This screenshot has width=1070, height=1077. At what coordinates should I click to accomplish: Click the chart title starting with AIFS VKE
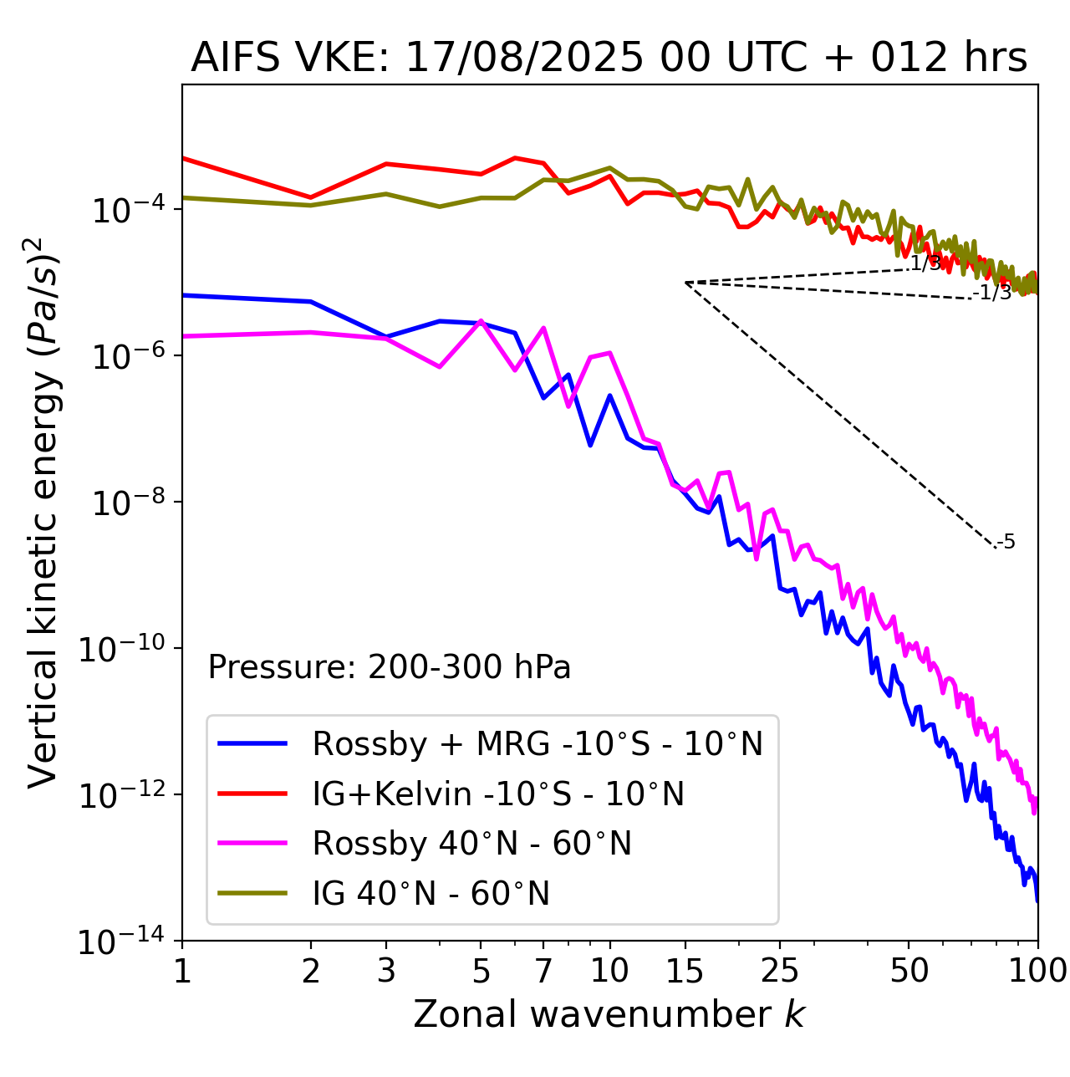click(x=609, y=59)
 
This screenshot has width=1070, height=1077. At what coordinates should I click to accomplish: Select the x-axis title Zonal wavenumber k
click(x=609, y=1014)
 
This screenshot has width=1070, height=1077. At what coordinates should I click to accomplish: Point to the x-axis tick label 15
click(x=685, y=971)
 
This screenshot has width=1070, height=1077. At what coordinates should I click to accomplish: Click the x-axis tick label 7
click(x=543, y=971)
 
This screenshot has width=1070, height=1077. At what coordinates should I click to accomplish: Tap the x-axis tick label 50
click(x=909, y=971)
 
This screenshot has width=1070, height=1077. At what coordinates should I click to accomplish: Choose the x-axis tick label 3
click(x=386, y=971)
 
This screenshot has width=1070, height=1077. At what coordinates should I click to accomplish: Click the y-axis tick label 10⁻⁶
click(x=126, y=356)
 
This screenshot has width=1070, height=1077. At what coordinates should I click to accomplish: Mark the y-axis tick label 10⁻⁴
click(x=126, y=210)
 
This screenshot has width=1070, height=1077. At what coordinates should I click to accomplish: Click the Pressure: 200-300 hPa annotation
click(x=390, y=667)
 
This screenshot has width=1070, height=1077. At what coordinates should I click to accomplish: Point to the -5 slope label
click(x=1006, y=543)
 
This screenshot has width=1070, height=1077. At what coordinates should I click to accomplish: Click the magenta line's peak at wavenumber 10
click(x=609, y=353)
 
